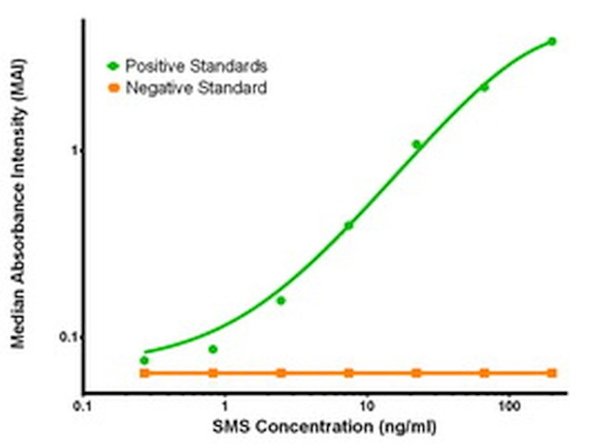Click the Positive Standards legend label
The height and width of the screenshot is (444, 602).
(196, 67)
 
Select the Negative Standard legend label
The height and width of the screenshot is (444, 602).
(196, 89)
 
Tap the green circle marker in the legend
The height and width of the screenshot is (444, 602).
(114, 67)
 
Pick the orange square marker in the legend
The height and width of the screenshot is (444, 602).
(114, 89)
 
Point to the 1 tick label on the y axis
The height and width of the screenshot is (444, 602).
(70, 151)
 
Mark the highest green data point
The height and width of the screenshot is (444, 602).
(552, 42)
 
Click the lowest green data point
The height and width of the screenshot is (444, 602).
(144, 360)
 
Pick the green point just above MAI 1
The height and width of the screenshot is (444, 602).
(417, 144)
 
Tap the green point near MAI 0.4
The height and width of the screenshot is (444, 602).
(349, 225)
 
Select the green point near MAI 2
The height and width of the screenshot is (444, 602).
(484, 87)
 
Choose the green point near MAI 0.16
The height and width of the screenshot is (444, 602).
(281, 301)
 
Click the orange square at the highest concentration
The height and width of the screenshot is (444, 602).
(552, 373)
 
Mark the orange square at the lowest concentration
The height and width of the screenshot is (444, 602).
(144, 373)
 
